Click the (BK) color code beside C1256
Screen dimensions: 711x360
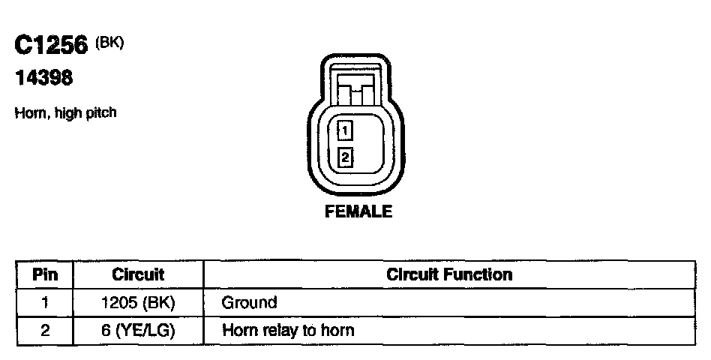109,43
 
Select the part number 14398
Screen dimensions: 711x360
44,77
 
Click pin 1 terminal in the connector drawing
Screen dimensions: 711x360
345,131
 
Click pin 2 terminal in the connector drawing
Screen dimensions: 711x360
345,157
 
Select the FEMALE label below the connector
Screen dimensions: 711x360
358,211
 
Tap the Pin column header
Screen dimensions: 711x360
44,274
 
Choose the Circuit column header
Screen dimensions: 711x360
138,274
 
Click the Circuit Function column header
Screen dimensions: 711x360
449,274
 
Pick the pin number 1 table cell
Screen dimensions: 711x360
44,302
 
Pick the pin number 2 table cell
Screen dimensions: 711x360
44,330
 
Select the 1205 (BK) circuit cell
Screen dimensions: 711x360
138,302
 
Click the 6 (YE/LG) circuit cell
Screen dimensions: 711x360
138,330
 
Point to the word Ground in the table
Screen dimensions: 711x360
250,302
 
